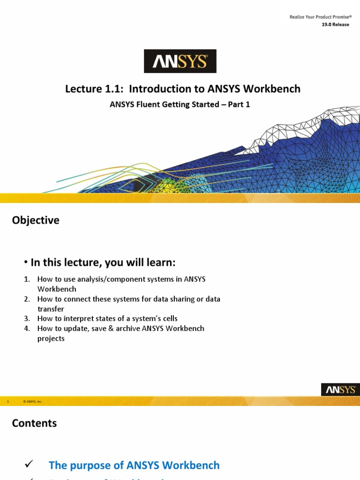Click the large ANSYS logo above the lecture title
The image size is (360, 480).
pos(180,61)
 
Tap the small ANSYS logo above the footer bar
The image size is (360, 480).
pos(340,390)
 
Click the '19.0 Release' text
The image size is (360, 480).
pos(335,25)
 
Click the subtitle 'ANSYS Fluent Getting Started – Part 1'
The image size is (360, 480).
pos(180,105)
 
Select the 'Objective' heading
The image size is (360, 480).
pos(36,220)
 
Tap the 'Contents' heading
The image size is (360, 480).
pos(34,423)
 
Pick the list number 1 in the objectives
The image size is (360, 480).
pos(27,279)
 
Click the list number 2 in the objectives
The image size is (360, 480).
pos(27,299)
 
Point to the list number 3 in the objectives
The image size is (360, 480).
pos(27,319)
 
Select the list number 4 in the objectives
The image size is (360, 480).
pos(27,329)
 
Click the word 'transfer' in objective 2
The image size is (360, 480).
pos(51,309)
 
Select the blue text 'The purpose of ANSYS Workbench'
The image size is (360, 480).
pos(134,465)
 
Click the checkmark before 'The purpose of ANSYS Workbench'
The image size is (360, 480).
pos(28,464)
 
